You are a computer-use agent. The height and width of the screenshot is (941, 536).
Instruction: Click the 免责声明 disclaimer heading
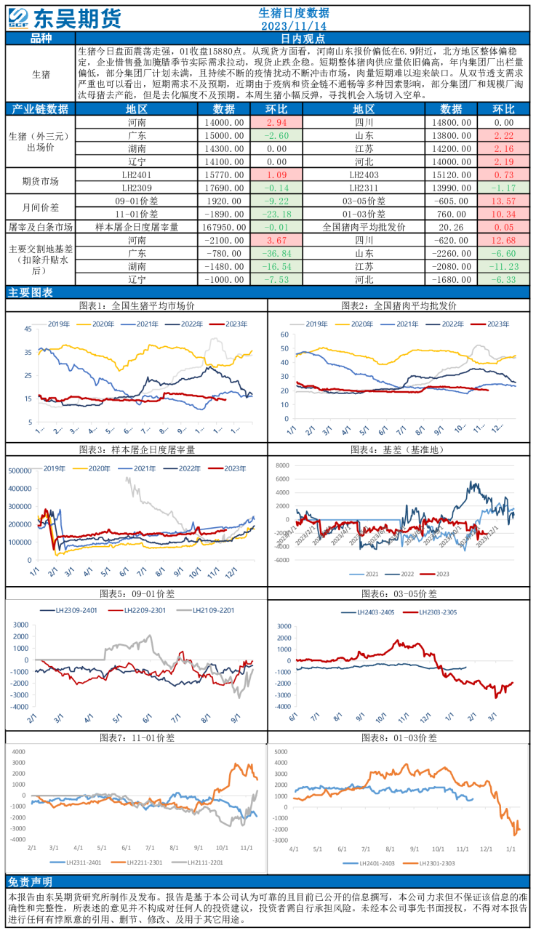click(x=30, y=882)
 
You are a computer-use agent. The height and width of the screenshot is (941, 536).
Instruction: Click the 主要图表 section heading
click(x=30, y=292)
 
